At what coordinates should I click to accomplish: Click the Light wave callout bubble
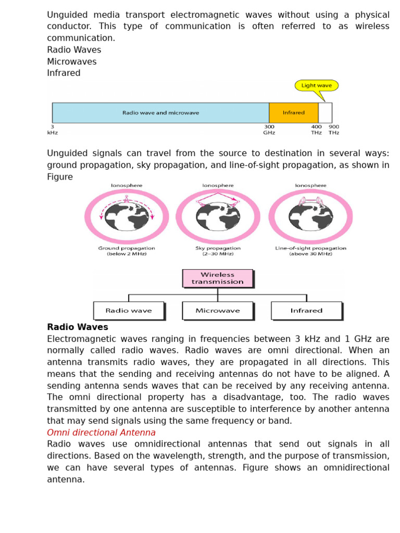[x=317, y=85]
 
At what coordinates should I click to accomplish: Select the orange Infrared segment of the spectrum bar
[x=293, y=112]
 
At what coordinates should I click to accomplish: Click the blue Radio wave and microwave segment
[x=160, y=112]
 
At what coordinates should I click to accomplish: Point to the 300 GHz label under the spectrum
[x=269, y=130]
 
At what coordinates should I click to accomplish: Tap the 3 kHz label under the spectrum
[x=52, y=130]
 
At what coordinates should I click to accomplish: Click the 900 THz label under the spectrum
[x=334, y=130]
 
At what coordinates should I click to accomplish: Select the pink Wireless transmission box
[x=218, y=278]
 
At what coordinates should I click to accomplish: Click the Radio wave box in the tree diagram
[x=129, y=311]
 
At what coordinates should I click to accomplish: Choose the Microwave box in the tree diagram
[x=218, y=311]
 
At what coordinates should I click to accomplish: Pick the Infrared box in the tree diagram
[x=306, y=311]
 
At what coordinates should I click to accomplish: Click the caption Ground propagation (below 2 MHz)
[x=127, y=251]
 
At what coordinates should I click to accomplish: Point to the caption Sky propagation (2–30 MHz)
[x=218, y=251]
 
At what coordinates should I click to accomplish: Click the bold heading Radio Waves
[x=78, y=327]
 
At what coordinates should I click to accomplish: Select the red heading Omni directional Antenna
[x=101, y=433]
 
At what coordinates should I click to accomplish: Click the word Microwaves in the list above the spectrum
[x=72, y=61]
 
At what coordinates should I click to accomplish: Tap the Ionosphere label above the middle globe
[x=218, y=185]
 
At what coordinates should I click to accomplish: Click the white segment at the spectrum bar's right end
[x=325, y=112]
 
